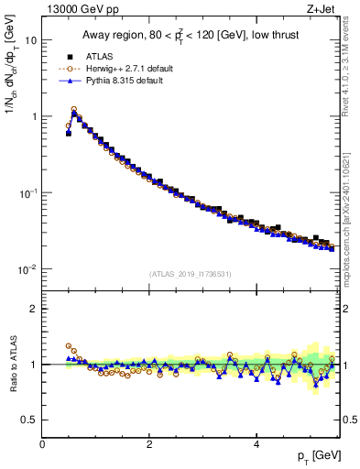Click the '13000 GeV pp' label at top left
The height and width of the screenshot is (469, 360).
click(76, 10)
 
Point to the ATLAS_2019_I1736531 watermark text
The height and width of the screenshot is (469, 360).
click(190, 274)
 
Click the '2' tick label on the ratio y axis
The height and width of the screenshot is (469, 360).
click(34, 309)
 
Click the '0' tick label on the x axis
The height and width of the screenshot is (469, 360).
click(42, 445)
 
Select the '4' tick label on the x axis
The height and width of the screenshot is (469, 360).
click(256, 445)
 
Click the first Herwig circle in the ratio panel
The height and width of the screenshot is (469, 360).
click(69, 346)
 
